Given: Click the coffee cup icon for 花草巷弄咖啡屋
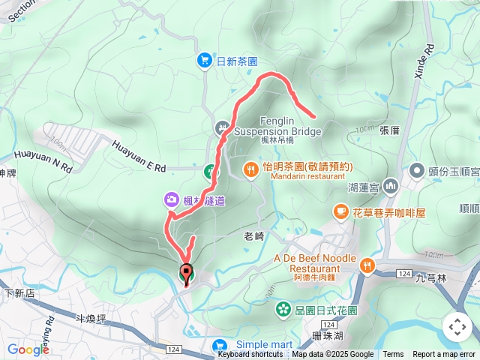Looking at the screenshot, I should point(341,212).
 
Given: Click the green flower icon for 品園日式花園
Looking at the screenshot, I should point(283,308).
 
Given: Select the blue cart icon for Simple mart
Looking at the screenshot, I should point(220,344).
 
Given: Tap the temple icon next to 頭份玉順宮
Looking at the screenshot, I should point(415,171).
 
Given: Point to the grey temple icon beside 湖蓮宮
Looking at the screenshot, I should point(389,185).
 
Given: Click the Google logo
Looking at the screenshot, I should point(28,349).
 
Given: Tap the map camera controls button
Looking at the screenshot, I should point(457,326).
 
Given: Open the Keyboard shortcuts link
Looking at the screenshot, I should point(250,355).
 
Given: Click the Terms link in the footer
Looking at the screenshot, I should point(393,355).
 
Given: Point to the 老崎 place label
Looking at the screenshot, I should point(254,235).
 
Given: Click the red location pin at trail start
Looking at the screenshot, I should point(186,272).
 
